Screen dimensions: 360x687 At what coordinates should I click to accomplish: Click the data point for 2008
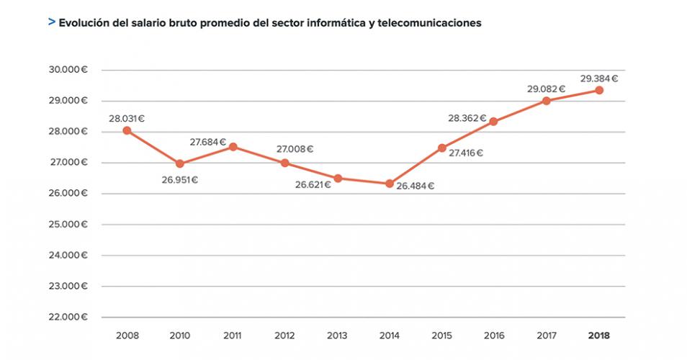[x=127, y=130]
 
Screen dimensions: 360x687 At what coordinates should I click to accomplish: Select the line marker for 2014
[x=390, y=184]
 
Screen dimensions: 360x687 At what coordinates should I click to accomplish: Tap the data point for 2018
[x=599, y=90]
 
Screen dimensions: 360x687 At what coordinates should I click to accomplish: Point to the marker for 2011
[x=232, y=147]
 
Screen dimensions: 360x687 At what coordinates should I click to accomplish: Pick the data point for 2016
[x=494, y=122]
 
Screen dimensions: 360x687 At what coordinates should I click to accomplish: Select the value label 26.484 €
[x=416, y=186]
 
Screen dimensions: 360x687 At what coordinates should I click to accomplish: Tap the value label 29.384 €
[x=599, y=78]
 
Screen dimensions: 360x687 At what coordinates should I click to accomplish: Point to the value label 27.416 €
[x=465, y=153]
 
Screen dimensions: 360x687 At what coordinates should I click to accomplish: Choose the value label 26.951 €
[x=179, y=179]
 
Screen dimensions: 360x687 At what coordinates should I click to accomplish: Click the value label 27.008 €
[x=295, y=149]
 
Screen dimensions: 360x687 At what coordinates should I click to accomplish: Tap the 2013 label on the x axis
[x=337, y=336]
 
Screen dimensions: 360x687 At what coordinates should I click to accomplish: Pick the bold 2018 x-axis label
[x=599, y=336]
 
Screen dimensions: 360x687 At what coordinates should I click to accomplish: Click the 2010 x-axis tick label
[x=179, y=336]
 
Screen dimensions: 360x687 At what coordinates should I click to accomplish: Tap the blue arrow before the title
[x=51, y=22]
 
